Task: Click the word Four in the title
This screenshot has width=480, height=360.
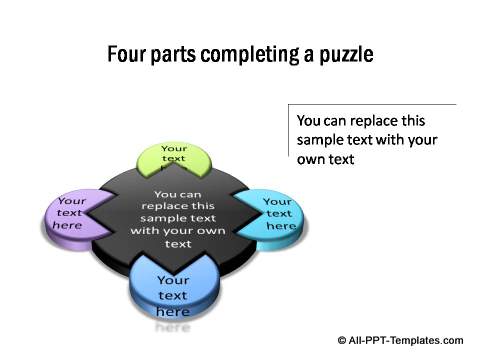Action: tap(127, 54)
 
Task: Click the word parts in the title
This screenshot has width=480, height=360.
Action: tap(176, 54)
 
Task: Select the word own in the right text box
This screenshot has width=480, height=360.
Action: tap(314, 159)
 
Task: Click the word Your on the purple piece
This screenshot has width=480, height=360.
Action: tap(72, 200)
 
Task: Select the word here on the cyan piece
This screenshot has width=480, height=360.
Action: tap(281, 226)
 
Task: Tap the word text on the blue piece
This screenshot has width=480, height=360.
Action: tap(173, 296)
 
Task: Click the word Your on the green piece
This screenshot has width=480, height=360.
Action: tap(174, 149)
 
